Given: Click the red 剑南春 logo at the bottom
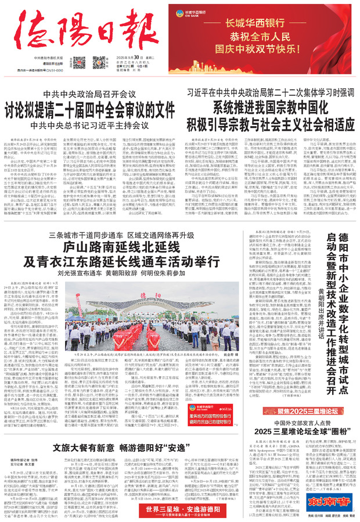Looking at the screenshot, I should coord(334,501).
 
